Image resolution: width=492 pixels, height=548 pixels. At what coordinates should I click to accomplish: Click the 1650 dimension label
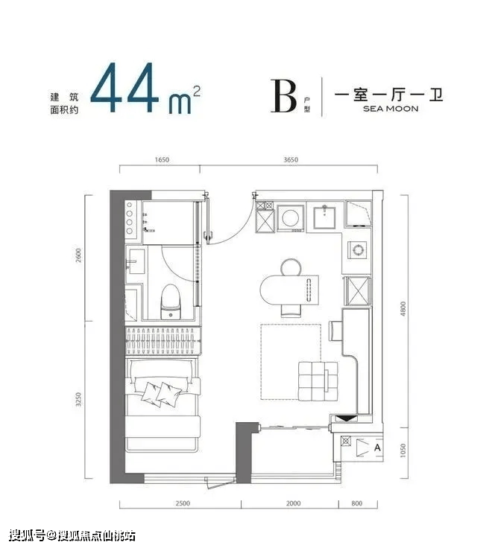tap(162, 160)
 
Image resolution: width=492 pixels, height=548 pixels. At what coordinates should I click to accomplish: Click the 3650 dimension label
tap(291, 160)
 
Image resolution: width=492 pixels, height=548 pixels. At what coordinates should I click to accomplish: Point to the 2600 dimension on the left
tap(78, 255)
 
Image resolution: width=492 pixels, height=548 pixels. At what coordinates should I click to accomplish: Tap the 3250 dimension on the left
tap(78, 399)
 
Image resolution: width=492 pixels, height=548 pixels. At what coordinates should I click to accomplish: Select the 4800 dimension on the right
tap(403, 309)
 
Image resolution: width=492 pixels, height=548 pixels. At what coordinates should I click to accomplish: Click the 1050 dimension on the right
tap(403, 450)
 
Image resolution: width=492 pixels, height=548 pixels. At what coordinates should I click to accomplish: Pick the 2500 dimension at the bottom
tap(183, 503)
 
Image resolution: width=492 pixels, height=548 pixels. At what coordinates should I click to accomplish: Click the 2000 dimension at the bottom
tap(293, 503)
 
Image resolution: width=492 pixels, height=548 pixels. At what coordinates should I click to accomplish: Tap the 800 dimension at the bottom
tap(356, 503)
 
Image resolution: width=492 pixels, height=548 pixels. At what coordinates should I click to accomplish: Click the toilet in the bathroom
tap(171, 302)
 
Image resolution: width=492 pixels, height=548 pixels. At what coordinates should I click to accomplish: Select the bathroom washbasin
tap(136, 261)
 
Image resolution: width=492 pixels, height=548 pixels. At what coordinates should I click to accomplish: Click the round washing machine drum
tap(291, 218)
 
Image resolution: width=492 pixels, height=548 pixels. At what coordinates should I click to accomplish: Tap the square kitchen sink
tap(324, 217)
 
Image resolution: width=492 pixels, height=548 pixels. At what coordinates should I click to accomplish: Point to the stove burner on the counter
tap(358, 250)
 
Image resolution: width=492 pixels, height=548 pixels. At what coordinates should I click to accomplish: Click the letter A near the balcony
tap(377, 447)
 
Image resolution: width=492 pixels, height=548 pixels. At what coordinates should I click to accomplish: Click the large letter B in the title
tap(283, 96)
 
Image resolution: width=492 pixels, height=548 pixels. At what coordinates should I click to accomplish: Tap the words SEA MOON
tap(391, 109)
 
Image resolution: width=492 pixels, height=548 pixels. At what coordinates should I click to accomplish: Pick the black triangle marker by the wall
tap(345, 418)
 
